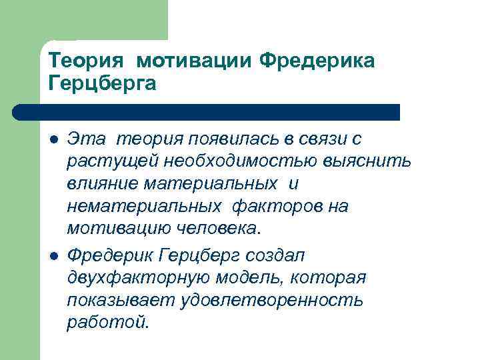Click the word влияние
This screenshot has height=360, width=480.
pyautogui.click(x=99, y=184)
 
